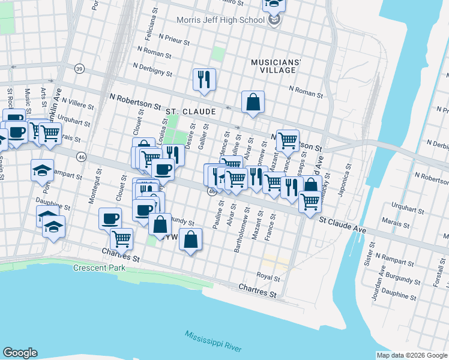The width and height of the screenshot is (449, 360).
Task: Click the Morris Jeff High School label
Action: click(x=220, y=20)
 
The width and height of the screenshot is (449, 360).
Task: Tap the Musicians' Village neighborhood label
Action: click(x=274, y=66)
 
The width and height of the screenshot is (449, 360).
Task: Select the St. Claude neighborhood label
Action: click(x=190, y=112)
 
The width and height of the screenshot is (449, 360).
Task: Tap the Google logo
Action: click(x=20, y=353)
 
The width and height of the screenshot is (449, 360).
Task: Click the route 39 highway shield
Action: click(x=79, y=69)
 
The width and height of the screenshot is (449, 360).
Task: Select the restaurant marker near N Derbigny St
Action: click(x=204, y=80)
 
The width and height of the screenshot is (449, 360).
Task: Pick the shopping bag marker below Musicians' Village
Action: click(x=253, y=101)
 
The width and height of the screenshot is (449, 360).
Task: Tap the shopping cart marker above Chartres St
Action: click(x=122, y=238)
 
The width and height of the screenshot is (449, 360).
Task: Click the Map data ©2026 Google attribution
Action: click(x=412, y=355)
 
